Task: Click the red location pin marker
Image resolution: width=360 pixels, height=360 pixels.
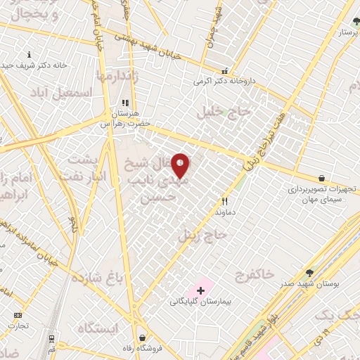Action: (x=181, y=165)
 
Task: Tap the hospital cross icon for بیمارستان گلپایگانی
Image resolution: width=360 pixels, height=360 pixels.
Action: (x=201, y=290)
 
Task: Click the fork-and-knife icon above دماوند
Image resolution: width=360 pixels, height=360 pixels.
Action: (x=225, y=201)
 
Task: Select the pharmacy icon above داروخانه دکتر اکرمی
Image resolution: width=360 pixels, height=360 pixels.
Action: (x=224, y=70)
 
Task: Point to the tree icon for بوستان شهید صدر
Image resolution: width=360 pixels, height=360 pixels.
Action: (x=309, y=273)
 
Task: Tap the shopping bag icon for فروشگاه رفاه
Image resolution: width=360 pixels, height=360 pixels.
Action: (x=143, y=337)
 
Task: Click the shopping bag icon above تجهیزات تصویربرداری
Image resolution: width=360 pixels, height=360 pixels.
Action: (x=321, y=179)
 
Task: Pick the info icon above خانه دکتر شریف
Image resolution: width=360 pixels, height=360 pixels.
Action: (x=29, y=54)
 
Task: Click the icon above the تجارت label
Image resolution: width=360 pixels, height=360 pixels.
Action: (x=18, y=315)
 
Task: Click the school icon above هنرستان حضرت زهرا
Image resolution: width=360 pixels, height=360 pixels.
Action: (x=125, y=103)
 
